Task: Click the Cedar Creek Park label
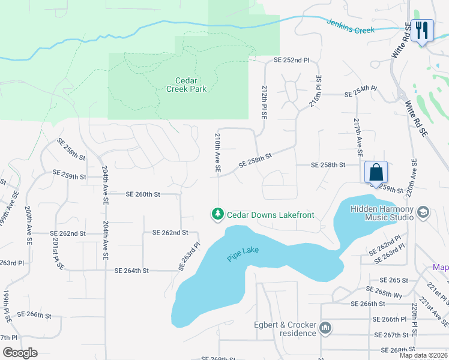click(x=186, y=85)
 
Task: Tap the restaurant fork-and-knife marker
click(x=423, y=30)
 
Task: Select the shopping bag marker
click(x=376, y=172)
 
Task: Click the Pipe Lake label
click(x=243, y=254)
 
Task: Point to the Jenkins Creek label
click(x=350, y=26)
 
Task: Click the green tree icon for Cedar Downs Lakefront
click(x=217, y=214)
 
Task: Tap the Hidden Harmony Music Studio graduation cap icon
click(x=423, y=213)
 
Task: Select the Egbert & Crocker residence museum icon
click(x=325, y=328)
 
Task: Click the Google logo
click(x=20, y=352)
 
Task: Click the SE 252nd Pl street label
click(x=291, y=61)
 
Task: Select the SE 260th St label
click(x=143, y=194)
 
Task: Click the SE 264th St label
click(x=139, y=271)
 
